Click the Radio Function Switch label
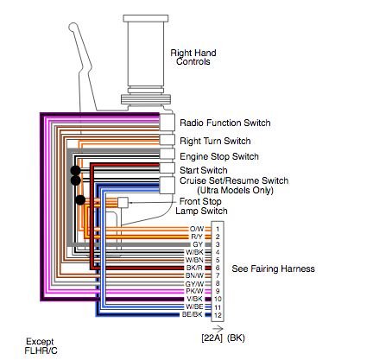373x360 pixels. [x=225, y=123]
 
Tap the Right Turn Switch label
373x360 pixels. [x=215, y=141]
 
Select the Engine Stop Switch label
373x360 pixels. [x=219, y=156]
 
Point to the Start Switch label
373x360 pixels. [x=204, y=170]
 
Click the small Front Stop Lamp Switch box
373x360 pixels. [x=123, y=202]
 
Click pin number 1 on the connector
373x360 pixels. [x=218, y=230]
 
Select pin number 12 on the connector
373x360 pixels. [x=218, y=315]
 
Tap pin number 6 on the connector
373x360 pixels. [x=218, y=268]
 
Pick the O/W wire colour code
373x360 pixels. [x=197, y=229]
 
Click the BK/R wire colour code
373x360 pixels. [x=194, y=268]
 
